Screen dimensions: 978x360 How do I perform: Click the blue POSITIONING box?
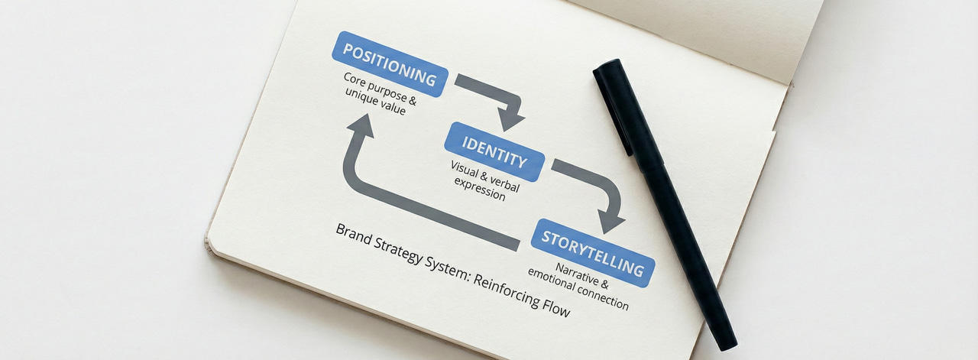(x=390, y=64)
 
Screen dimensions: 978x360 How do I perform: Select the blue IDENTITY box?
(x=494, y=151)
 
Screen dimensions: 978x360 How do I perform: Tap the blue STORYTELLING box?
(x=592, y=252)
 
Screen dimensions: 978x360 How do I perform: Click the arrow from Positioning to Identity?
(x=497, y=96)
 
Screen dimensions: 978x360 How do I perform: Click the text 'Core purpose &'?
(x=380, y=89)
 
